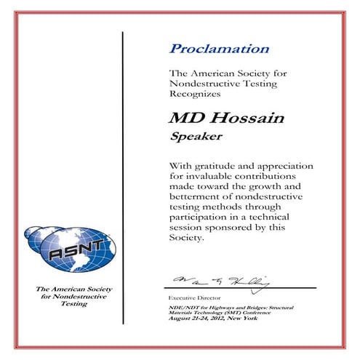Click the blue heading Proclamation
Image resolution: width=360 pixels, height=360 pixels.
[x=219, y=49]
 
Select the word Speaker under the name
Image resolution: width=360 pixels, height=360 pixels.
[x=193, y=135]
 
